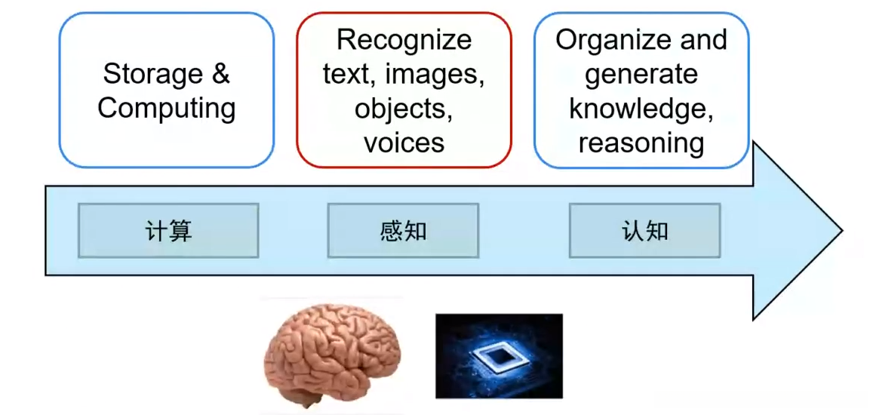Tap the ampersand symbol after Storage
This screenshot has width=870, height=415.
pyautogui.click(x=220, y=74)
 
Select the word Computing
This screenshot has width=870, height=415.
pyautogui.click(x=167, y=108)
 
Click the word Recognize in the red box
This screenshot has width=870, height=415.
pyautogui.click(x=404, y=39)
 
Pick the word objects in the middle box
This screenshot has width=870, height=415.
pyautogui.click(x=404, y=109)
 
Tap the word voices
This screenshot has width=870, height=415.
pyautogui.click(x=404, y=143)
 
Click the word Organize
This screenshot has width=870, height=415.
pyautogui.click(x=613, y=39)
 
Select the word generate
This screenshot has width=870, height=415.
pyautogui.click(x=641, y=74)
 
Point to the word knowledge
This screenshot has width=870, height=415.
pyautogui.click(x=641, y=109)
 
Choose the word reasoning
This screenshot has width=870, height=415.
pyautogui.click(x=641, y=143)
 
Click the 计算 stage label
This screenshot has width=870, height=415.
pyautogui.click(x=168, y=231)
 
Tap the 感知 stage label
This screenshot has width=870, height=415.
pyautogui.click(x=403, y=231)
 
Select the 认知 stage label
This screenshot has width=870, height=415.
pyautogui.click(x=644, y=231)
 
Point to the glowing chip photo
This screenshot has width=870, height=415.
pyautogui.click(x=499, y=355)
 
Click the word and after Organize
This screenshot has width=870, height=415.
pyautogui.click(x=703, y=39)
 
